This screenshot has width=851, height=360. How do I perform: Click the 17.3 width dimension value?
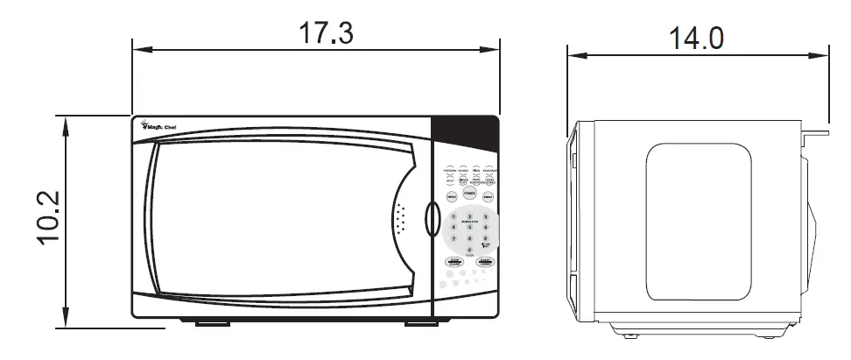coord(327,33)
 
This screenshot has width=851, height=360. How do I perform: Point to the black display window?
coord(466,135)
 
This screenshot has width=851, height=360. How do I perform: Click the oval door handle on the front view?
coord(430,220)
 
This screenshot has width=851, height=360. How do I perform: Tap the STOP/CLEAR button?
coord(454,262)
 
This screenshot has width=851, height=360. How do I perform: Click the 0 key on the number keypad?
coord(469,250)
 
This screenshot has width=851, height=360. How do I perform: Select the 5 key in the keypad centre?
coord(469,227)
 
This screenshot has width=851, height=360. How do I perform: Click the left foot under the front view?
coord(206,323)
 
